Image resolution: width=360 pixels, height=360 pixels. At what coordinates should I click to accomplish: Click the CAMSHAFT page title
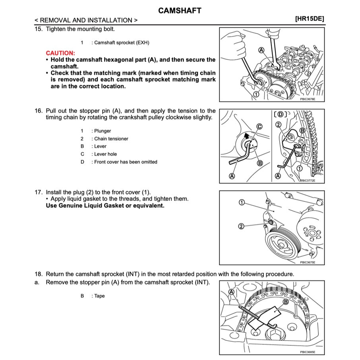tap(180, 11)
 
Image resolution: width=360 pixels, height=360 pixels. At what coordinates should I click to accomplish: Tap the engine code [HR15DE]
tap(310, 19)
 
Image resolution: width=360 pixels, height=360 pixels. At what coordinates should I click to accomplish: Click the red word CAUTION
tap(60, 53)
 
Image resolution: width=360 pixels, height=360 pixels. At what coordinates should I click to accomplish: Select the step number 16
tap(39, 111)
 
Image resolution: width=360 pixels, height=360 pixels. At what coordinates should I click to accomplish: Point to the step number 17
tap(39, 192)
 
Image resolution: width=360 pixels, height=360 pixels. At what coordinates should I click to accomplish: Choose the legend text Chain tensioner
tap(111, 139)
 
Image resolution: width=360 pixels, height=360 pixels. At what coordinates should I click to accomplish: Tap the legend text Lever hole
tap(105, 154)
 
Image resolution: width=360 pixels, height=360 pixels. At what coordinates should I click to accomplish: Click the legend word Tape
tap(99, 296)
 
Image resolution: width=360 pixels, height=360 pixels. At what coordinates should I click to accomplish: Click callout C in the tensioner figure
tap(259, 127)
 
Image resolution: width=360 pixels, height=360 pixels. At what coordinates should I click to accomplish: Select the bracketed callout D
tap(281, 114)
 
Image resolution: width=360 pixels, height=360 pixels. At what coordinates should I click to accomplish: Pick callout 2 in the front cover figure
tap(241, 226)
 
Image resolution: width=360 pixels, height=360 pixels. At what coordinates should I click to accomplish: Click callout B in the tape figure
tap(285, 302)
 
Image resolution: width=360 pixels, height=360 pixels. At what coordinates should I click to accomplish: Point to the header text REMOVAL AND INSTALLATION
tap(86, 20)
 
